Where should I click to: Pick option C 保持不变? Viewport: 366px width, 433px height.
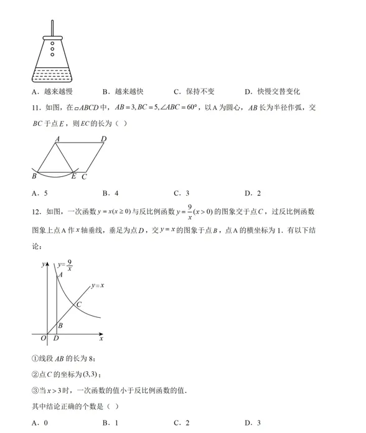click(x=194, y=91)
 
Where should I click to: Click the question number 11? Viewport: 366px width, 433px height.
click(x=37, y=107)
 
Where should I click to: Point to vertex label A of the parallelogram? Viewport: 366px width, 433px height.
click(x=57, y=139)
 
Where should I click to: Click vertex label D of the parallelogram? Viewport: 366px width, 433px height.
click(x=103, y=139)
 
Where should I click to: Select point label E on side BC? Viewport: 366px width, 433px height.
click(x=73, y=178)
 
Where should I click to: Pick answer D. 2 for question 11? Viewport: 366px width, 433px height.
click(x=253, y=193)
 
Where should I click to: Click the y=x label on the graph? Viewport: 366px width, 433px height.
click(x=97, y=285)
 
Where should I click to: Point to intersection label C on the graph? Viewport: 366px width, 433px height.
click(x=79, y=304)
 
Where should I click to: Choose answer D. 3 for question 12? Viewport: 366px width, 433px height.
click(x=253, y=423)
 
